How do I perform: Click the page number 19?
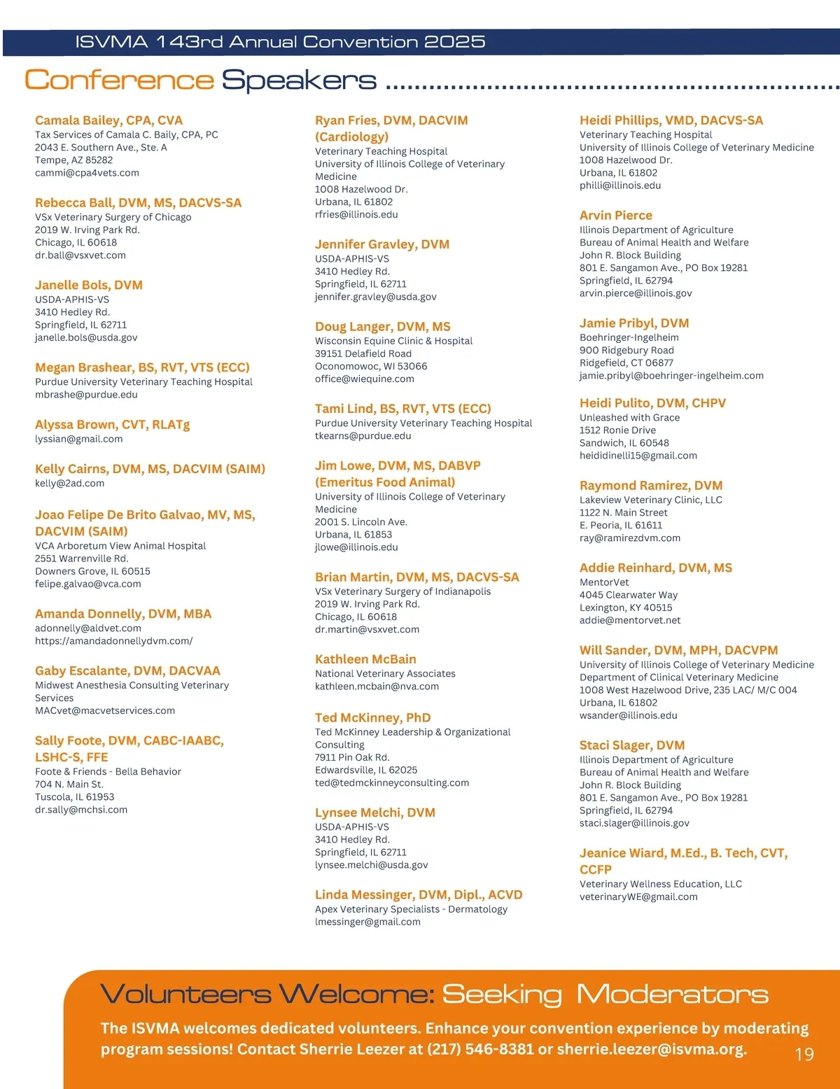click(x=804, y=1054)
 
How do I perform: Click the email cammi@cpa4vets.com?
click(x=87, y=173)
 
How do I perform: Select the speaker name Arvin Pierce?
click(x=615, y=216)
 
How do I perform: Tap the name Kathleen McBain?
click(x=365, y=659)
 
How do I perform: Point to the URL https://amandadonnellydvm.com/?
click(x=113, y=640)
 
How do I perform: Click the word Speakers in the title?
click(x=299, y=80)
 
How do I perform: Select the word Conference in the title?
click(x=119, y=80)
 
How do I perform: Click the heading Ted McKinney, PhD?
click(x=372, y=717)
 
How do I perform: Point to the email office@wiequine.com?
click(x=364, y=379)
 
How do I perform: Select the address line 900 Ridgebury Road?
click(x=626, y=350)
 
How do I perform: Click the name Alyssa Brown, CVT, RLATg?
click(x=112, y=424)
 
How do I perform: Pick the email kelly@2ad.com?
click(x=69, y=483)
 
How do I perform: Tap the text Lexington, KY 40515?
click(x=625, y=607)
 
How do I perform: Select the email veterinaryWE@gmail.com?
click(x=638, y=897)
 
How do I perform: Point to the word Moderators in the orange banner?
click(x=672, y=995)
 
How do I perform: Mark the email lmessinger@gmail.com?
click(x=367, y=922)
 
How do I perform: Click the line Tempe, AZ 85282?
click(x=73, y=160)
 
